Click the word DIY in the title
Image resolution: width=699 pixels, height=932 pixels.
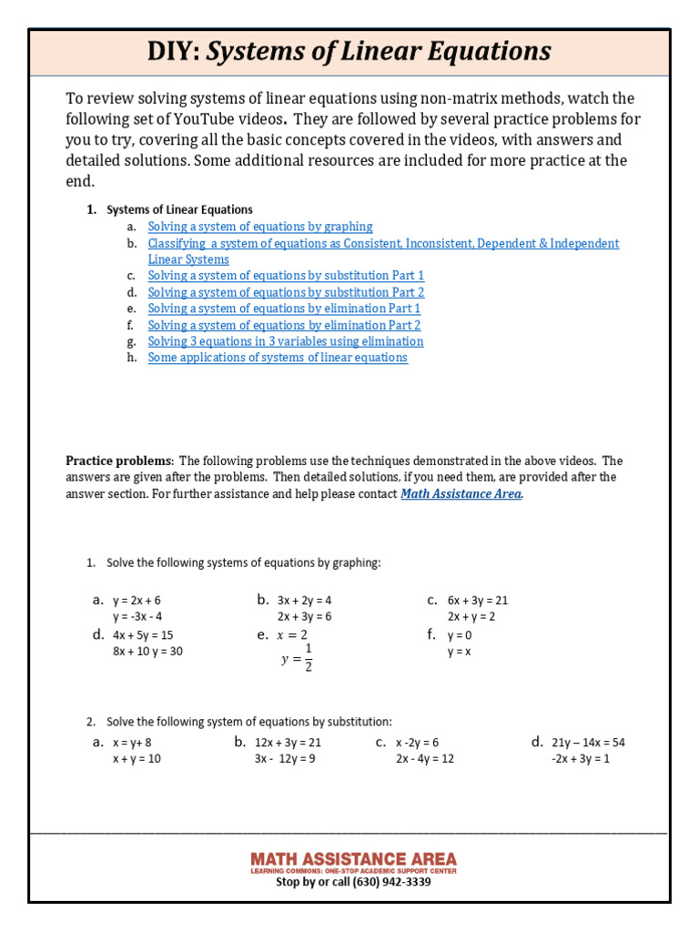pos(175,51)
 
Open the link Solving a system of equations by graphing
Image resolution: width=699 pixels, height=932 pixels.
pos(260,227)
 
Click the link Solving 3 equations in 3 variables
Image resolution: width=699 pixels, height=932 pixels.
pos(285,341)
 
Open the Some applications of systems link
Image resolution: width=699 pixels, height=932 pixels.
pos(278,358)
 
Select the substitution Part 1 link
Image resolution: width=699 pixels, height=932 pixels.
pos(286,276)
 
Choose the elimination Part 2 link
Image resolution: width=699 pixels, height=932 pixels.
pos(284,325)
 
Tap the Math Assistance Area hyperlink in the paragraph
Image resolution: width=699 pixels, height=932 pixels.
pos(461,493)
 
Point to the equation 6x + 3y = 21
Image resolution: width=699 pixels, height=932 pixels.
pos(477,601)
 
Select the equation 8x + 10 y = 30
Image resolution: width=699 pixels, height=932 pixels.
pos(147,652)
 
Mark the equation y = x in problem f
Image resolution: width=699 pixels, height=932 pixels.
pos(459,652)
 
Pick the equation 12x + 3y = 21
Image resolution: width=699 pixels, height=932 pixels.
pos(288,743)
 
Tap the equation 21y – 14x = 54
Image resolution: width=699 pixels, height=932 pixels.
pos(588,743)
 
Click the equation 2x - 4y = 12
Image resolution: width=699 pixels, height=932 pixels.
pos(424,759)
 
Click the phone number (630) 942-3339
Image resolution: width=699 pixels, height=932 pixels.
pos(391,882)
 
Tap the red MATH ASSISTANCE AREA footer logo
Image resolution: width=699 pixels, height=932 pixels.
pos(353,860)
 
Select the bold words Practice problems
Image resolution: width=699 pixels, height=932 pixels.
pos(117,461)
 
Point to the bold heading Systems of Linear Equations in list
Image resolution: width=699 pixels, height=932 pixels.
pos(179,210)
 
